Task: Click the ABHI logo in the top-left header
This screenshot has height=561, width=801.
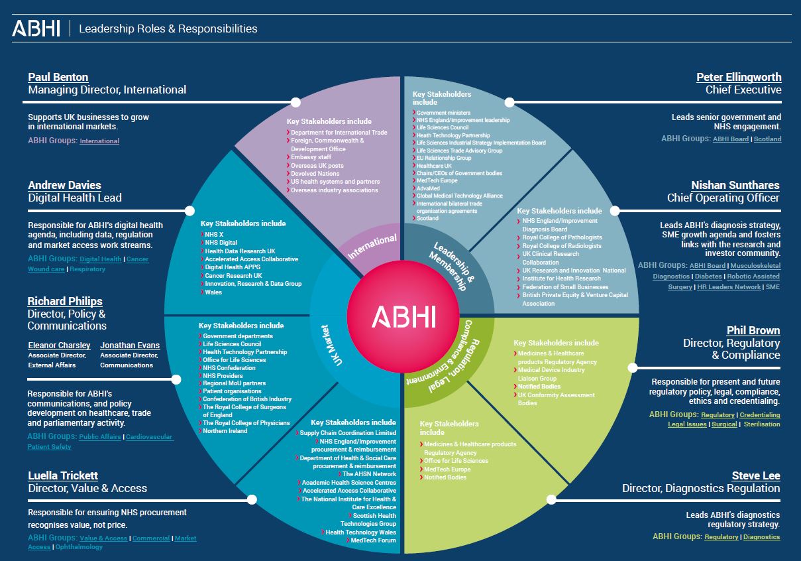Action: point(36,28)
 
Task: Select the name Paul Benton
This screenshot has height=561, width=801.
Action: point(58,77)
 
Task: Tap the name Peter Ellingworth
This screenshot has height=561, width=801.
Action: point(739,77)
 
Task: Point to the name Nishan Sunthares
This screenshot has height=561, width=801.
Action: point(735,185)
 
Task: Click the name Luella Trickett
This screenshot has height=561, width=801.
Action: point(63,475)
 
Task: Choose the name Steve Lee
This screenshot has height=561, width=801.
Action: point(756,475)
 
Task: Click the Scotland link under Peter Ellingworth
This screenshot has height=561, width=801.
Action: point(767,139)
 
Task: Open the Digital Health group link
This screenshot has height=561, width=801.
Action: point(101,259)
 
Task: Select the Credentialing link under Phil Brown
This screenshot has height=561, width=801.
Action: point(760,415)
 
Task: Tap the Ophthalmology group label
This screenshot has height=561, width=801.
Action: point(80,547)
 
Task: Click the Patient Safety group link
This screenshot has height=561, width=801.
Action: point(49,447)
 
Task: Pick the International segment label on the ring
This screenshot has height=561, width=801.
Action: point(373,247)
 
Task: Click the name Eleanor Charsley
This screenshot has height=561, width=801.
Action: point(59,345)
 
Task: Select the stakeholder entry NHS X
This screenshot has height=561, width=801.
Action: point(215,235)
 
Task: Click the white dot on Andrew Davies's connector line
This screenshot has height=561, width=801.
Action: point(186,211)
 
